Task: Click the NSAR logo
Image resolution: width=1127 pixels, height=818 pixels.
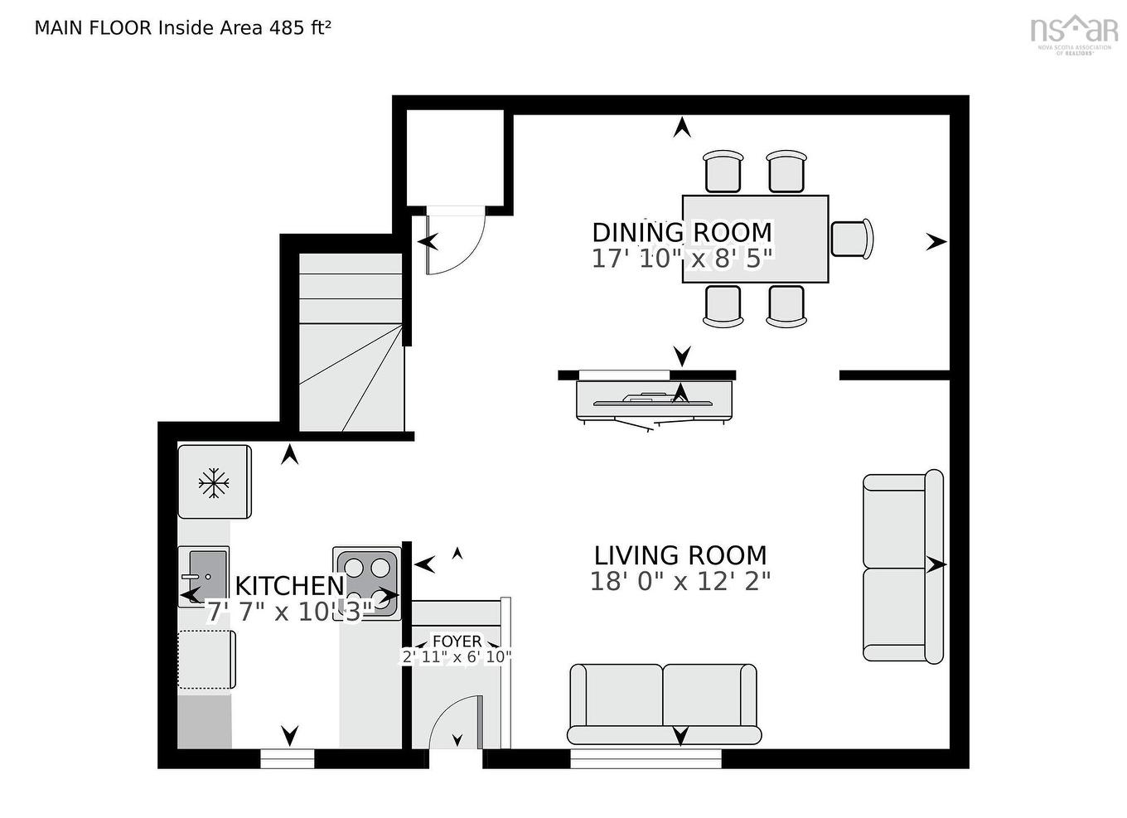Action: (1074, 31)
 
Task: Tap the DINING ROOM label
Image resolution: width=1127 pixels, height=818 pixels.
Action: (681, 232)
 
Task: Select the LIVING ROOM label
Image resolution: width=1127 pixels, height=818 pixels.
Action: (680, 555)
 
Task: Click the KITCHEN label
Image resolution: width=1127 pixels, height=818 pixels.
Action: (289, 586)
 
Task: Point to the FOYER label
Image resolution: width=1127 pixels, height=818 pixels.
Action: (457, 641)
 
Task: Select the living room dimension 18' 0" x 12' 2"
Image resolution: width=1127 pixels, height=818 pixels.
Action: (680, 581)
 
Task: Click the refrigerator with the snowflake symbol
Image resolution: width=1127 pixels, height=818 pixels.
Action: (215, 482)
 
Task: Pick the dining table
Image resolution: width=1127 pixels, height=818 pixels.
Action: (755, 239)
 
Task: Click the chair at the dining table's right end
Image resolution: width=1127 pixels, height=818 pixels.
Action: (852, 239)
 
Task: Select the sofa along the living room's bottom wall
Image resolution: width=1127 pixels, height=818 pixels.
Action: (663, 704)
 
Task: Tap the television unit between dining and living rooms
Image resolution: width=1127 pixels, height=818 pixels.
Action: (655, 399)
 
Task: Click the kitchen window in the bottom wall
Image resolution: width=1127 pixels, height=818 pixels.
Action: (288, 757)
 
